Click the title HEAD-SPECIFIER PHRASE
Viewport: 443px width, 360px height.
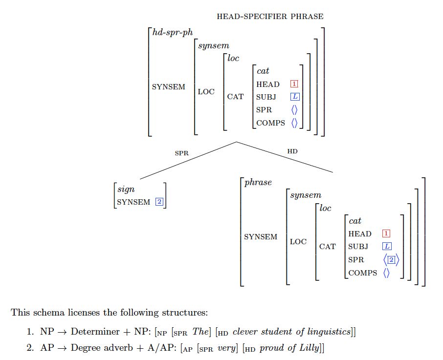pos(270,17)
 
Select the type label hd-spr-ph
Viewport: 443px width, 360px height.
pos(173,33)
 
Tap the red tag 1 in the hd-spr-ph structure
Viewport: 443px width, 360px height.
pos(294,84)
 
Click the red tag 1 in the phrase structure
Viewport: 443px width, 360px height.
pos(386,234)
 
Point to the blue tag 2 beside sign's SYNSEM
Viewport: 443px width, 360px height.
pos(159,202)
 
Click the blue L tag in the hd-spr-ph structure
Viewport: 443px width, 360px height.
pos(294,97)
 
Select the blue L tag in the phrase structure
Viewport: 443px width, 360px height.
pos(386,247)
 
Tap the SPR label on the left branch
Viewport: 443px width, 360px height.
pos(181,153)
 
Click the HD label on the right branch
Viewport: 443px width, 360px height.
pos(292,152)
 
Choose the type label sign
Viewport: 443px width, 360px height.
pos(126,190)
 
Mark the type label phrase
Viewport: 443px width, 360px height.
pos(258,183)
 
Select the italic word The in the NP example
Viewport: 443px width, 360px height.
pos(186,332)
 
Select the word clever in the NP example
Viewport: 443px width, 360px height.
pos(244,332)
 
